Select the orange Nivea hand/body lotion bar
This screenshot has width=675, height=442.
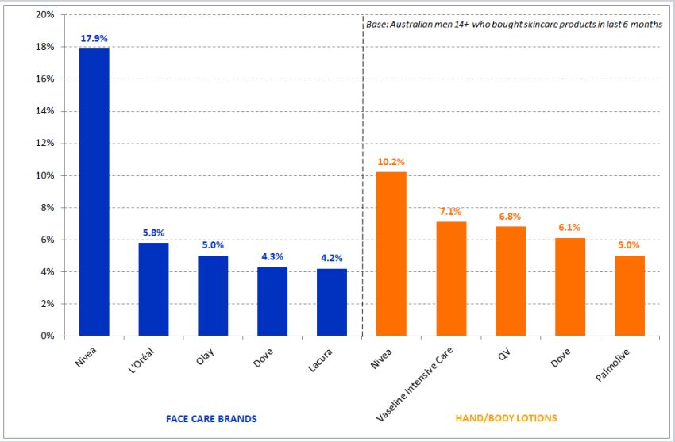[x=391, y=254]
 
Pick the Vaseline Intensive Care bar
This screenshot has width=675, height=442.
[x=451, y=279]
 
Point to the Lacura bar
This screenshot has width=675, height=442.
[x=331, y=302]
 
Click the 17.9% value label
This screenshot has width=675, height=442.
[x=94, y=38]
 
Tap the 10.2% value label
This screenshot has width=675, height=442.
[x=391, y=162]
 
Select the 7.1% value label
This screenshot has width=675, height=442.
[x=451, y=211]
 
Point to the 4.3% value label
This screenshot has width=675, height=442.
[x=272, y=256]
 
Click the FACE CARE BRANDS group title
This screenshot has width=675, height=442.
[x=210, y=417]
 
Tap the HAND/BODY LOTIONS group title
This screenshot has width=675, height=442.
[x=506, y=417]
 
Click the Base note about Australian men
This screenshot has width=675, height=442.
[x=514, y=25]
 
